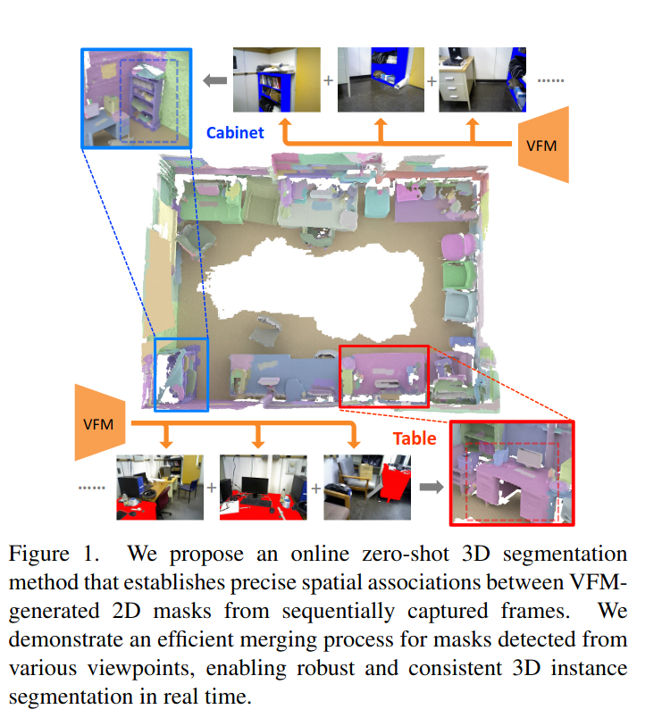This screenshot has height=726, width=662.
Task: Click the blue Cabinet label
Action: [x=235, y=133]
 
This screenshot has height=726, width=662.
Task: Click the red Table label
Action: [x=415, y=438]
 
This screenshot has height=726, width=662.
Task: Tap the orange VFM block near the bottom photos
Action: [x=99, y=422]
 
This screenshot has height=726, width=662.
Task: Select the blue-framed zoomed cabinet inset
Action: [x=137, y=97]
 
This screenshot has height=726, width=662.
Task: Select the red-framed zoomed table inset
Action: [x=511, y=472]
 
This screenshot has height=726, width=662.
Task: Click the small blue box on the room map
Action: [x=181, y=374]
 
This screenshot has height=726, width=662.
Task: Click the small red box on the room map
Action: [x=384, y=376]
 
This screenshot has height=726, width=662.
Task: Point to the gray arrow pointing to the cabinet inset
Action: [x=214, y=81]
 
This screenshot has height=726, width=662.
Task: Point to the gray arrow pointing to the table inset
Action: [x=432, y=488]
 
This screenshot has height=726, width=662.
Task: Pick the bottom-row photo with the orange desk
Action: [x=160, y=488]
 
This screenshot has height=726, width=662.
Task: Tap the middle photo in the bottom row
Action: [x=263, y=488]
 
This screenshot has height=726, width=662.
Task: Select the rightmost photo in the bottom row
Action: [x=365, y=488]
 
